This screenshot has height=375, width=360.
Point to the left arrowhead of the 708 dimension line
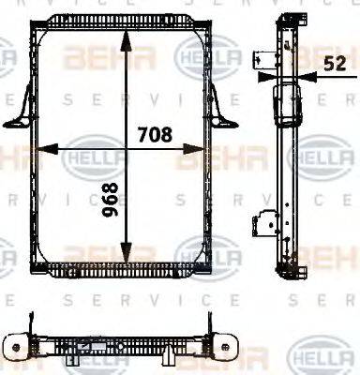click(x=39, y=148)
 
